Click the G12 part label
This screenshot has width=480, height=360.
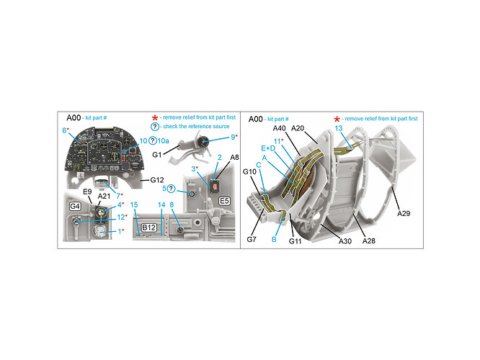(159, 179)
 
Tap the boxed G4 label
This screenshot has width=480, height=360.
(74, 206)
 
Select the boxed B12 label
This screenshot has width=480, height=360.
(149, 228)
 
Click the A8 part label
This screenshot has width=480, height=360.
(234, 156)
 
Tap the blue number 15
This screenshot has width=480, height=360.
(135, 205)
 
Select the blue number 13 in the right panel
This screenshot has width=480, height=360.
(339, 127)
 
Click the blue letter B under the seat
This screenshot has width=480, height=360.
(275, 239)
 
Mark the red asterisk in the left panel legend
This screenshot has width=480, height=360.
(154, 117)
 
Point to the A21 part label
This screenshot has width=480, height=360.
(104, 195)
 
